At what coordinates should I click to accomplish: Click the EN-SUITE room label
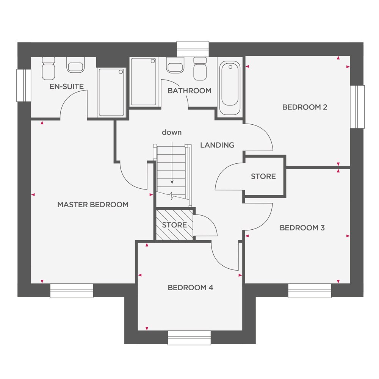(66, 86)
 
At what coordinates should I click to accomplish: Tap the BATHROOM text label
(189, 91)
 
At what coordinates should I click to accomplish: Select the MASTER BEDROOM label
(93, 205)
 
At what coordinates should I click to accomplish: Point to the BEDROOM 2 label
(305, 107)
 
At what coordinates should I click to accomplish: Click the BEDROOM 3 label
(302, 228)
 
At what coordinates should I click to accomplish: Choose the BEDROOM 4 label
(191, 288)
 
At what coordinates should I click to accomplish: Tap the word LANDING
(217, 145)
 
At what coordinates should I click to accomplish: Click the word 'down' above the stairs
(172, 132)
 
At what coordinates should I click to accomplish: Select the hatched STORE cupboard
(174, 225)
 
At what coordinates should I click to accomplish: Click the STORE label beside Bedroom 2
(263, 177)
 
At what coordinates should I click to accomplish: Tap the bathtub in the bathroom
(230, 88)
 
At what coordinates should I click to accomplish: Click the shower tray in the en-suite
(111, 92)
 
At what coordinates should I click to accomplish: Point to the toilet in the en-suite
(49, 68)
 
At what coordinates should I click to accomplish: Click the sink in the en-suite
(75, 65)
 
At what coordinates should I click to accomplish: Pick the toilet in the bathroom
(200, 69)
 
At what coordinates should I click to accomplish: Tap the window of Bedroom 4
(189, 338)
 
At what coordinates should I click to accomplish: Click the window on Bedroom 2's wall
(357, 107)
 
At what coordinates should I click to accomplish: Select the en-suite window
(23, 85)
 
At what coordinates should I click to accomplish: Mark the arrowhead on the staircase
(172, 182)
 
